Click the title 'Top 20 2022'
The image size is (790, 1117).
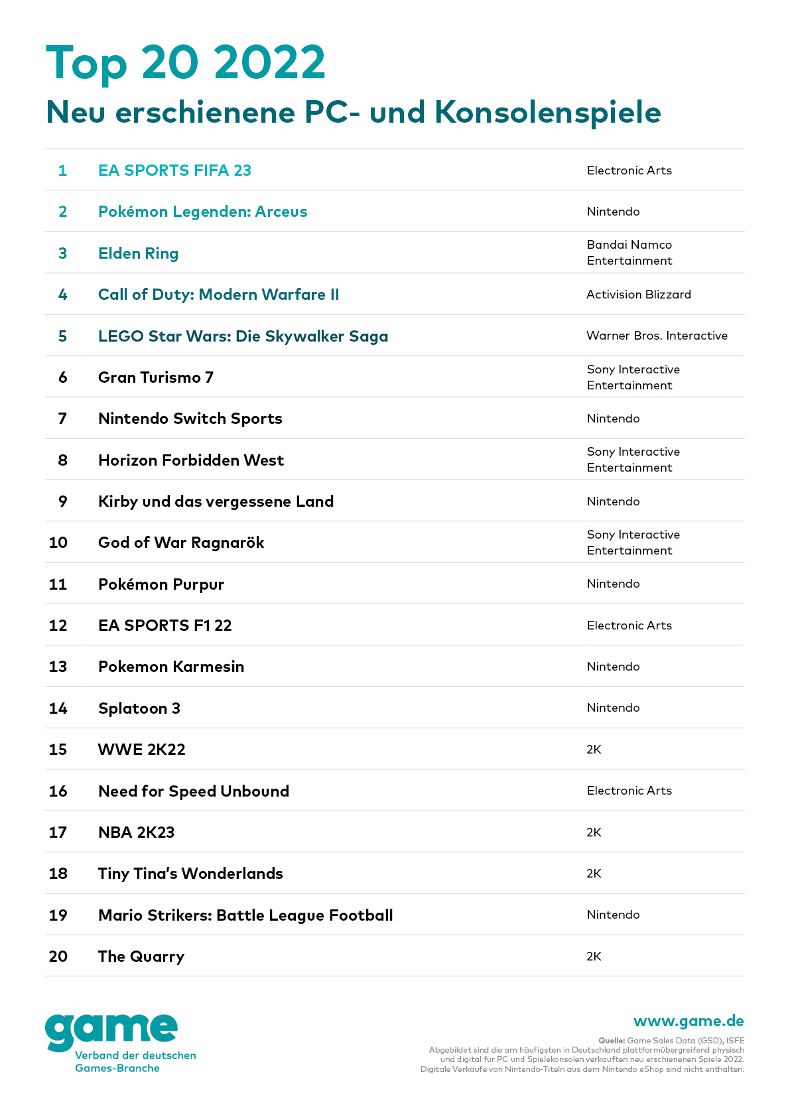tap(186, 63)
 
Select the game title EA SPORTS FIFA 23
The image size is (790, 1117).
tap(174, 170)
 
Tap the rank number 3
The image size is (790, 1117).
tap(62, 253)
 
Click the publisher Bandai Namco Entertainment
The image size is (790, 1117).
tap(629, 253)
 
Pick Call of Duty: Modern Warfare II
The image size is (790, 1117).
tap(218, 295)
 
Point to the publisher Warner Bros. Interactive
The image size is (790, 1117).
tap(657, 336)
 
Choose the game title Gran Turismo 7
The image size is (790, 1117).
tap(156, 377)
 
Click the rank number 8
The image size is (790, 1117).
tap(62, 460)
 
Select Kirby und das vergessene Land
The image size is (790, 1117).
tap(216, 501)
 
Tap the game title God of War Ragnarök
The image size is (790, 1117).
tap(181, 543)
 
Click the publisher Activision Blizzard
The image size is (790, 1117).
tap(638, 295)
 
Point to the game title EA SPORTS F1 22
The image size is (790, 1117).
tap(165, 625)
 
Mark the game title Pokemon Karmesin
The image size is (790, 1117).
tap(171, 667)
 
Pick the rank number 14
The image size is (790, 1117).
tap(58, 708)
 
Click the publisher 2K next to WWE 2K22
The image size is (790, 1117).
tap(594, 750)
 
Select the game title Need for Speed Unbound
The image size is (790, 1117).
tap(194, 791)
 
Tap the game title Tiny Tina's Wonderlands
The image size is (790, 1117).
tap(190, 874)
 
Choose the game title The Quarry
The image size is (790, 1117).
tap(141, 956)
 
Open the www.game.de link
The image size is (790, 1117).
tap(689, 1021)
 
